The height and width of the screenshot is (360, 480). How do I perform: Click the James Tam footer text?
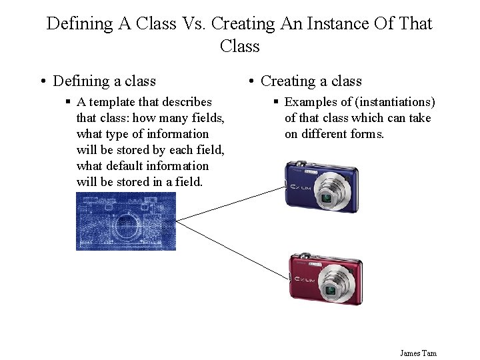pos(418,353)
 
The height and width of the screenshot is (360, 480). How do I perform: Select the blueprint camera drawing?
pos(126,221)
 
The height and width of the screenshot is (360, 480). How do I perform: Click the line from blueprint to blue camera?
pos(227,203)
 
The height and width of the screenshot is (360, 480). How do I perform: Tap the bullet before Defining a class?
pos(42,82)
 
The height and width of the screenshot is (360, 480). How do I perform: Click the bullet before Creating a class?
pos(251,82)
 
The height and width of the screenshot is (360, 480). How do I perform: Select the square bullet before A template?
pos(68,102)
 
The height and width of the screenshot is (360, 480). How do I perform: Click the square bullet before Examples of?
pos(276,102)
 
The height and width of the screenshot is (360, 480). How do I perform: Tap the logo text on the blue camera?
pos(298,188)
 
